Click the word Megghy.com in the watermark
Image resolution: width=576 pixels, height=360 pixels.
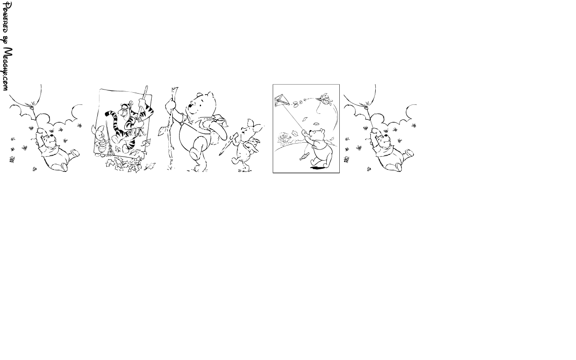pos(7,69)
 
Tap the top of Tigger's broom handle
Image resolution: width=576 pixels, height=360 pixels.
pos(146,87)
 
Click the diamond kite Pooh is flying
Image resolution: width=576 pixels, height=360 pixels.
pos(282,100)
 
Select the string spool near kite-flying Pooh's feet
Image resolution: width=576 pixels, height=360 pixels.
pos(305,156)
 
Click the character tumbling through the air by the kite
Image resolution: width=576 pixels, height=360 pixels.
pos(324,99)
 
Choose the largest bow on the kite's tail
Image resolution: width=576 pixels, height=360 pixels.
pos(296,103)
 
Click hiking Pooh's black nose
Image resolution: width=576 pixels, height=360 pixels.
pos(190,105)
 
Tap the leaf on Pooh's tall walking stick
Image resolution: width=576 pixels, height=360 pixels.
pos(161,131)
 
